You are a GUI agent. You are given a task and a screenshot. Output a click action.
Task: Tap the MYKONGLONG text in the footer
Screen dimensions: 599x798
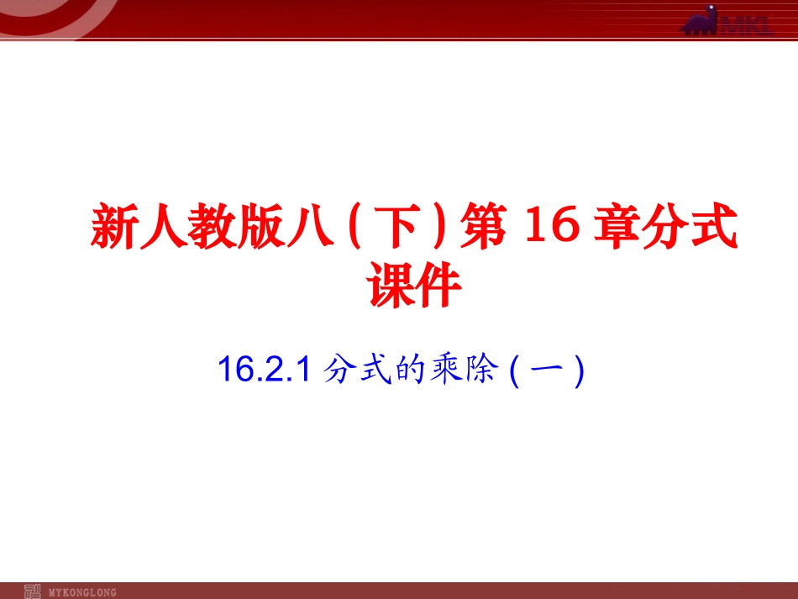pos(84,591)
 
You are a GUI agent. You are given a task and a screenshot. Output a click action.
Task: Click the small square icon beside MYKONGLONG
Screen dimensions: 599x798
pos(33,590)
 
